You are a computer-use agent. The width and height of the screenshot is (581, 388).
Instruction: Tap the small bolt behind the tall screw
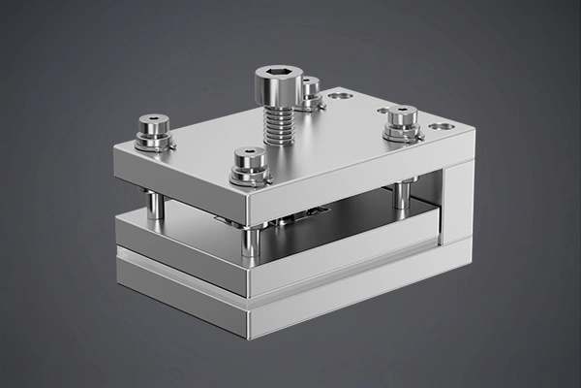pos(310,91)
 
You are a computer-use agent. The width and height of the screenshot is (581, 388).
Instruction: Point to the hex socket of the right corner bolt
pos(402,110)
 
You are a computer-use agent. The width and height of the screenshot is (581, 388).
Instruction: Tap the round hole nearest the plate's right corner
pos(441,126)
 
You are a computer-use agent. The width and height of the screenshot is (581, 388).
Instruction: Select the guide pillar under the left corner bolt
pos(154,205)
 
